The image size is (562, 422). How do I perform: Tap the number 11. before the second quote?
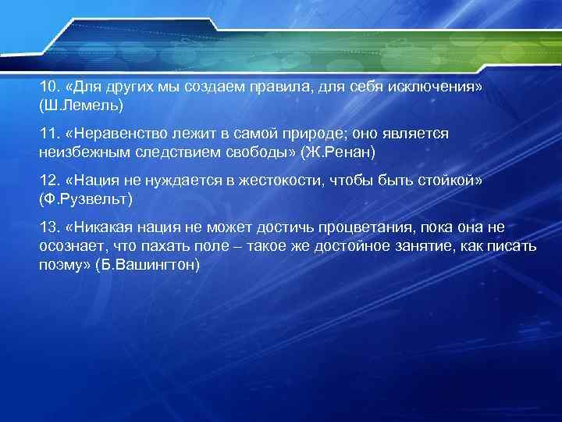point(49,134)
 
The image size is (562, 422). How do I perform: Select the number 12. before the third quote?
point(49,181)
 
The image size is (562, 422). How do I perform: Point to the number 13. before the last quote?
point(49,227)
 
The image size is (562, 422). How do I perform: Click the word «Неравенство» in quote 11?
point(115,134)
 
